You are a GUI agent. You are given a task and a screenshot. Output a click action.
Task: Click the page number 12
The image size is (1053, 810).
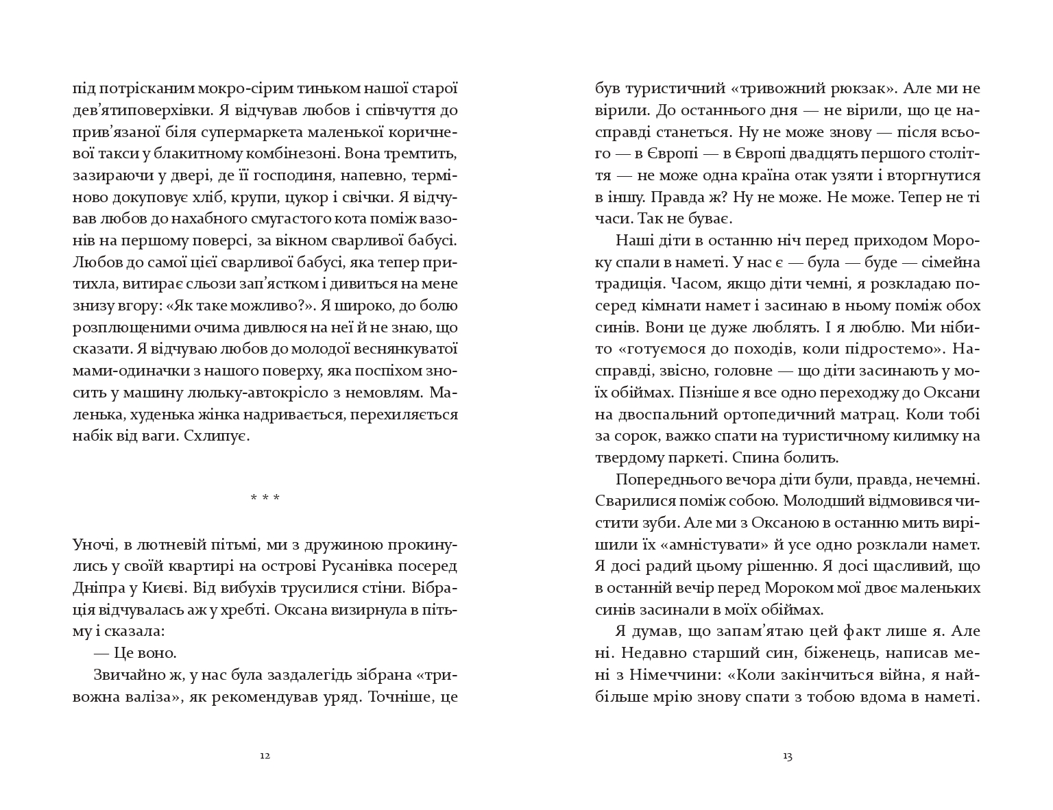[265, 757]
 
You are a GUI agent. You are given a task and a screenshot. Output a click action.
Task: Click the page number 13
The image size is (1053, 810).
[787, 757]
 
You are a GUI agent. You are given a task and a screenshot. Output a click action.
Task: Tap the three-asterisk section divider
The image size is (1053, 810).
[265, 498]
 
